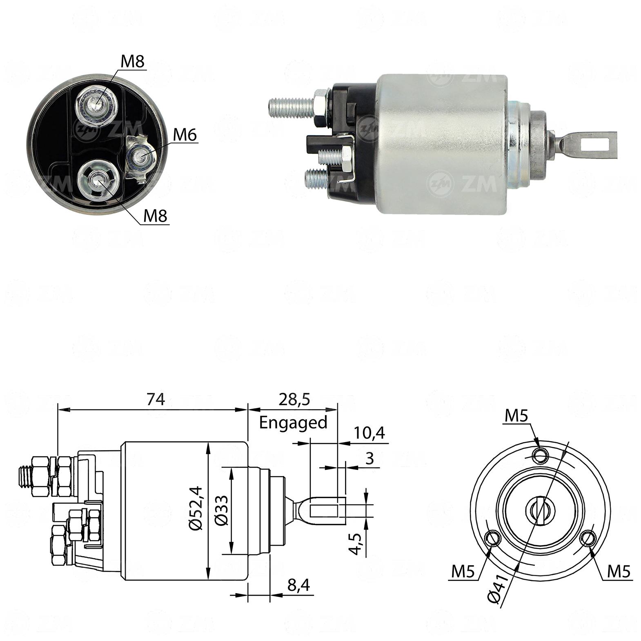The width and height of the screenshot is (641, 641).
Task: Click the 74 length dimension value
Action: [x=156, y=399]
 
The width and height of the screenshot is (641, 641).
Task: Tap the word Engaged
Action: [x=293, y=423]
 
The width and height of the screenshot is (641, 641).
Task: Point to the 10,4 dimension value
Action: [x=369, y=433]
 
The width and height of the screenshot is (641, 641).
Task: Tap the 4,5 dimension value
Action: [x=358, y=543]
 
